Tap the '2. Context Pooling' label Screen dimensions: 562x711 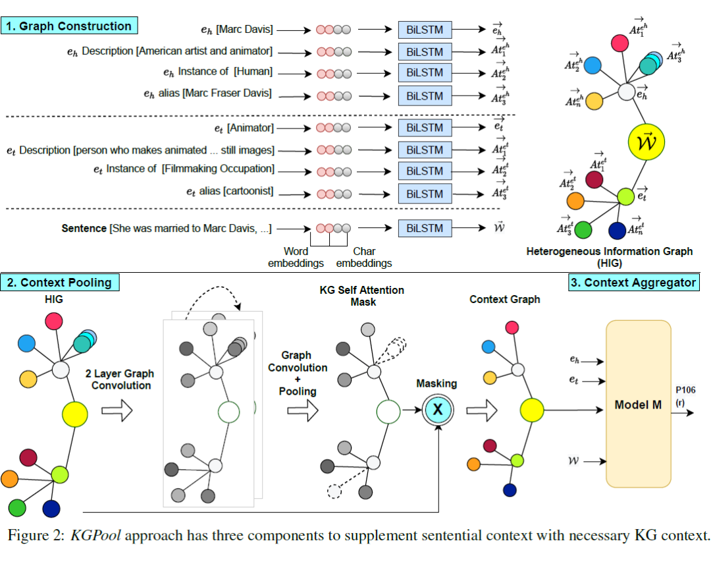pos(60,283)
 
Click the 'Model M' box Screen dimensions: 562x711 pos(638,405)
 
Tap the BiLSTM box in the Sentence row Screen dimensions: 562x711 pos(425,228)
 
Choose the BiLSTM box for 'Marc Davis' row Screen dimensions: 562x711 pos(425,30)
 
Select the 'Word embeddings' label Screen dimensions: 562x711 pos(296,257)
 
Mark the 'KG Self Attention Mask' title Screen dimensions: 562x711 pos(361,296)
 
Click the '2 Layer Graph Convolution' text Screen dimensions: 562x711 pos(121,379)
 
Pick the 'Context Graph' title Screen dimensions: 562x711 pos(505,299)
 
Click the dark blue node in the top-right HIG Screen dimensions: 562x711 pos(617,231)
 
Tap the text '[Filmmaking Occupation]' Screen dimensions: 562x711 pos(218,169)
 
